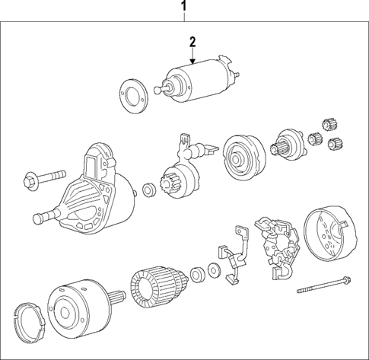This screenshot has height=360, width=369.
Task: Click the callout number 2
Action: (192, 41)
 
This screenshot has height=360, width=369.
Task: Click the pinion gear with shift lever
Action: (180, 175)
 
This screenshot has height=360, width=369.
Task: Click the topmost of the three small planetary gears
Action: (329, 123)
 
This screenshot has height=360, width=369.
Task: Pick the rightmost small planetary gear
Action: (341, 142)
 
